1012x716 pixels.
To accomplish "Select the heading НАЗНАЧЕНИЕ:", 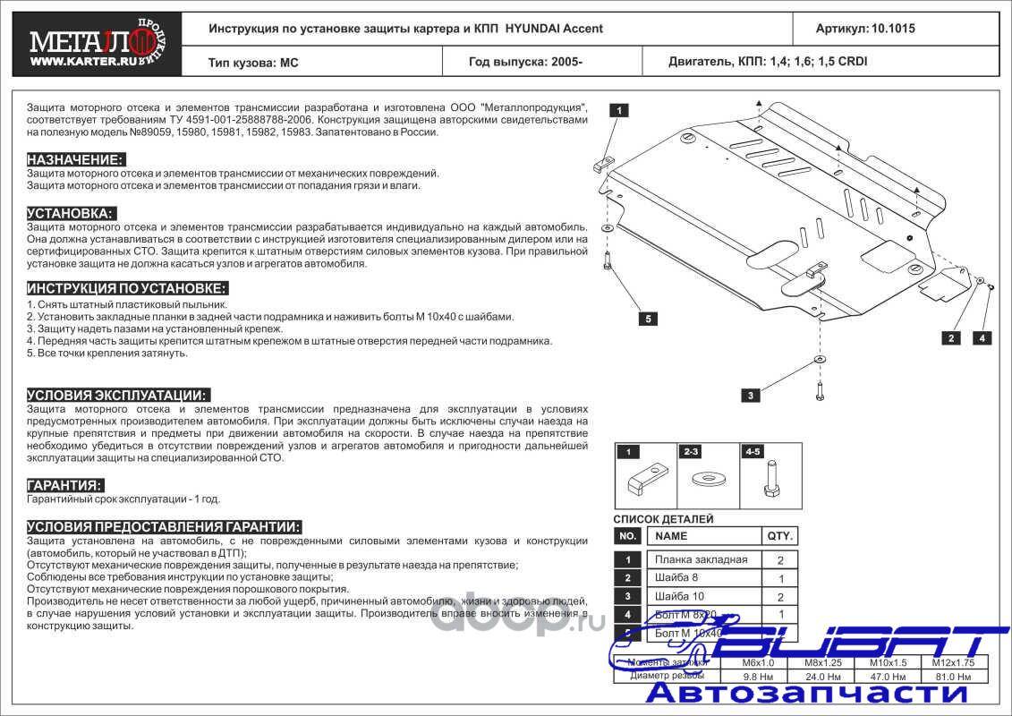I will click(x=75, y=159).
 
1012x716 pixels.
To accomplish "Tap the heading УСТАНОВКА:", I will click(x=71, y=213).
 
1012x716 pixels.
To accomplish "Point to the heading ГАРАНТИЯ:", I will click(x=64, y=485).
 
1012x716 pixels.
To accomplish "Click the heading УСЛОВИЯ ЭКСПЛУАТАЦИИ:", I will click(x=118, y=395).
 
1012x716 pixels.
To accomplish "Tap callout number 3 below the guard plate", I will click(x=751, y=395).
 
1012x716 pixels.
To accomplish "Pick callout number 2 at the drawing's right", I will click(x=950, y=337).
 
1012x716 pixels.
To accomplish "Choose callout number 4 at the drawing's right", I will click(x=982, y=337).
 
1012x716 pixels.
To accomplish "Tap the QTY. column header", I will click(x=779, y=535).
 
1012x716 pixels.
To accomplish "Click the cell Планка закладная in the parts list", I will click(x=701, y=560).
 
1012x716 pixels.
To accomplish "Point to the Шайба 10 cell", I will click(x=679, y=596).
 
